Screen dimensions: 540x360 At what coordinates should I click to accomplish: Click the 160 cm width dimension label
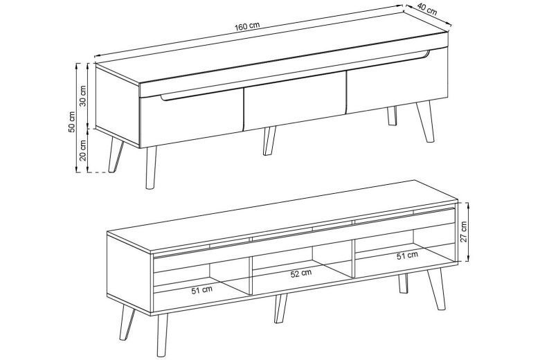(x=247, y=26)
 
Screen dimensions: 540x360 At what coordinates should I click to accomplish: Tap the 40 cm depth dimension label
(x=427, y=10)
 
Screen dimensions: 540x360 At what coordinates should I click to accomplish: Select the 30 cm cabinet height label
(x=82, y=96)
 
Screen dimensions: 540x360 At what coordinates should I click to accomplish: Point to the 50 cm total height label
(x=71, y=122)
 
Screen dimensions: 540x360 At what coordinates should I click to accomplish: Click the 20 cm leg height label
(x=82, y=150)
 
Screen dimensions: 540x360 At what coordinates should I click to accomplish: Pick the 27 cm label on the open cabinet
(x=464, y=231)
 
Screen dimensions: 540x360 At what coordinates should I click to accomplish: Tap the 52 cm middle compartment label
(x=301, y=273)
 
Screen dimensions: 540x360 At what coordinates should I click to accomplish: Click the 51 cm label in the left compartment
(x=202, y=289)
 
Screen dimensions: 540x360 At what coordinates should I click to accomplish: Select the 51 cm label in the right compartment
(x=407, y=255)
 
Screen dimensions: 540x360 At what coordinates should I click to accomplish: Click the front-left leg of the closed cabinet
(x=150, y=168)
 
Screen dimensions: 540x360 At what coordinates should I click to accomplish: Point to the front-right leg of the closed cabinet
(x=425, y=122)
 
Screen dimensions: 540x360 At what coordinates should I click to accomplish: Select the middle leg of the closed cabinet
(x=269, y=141)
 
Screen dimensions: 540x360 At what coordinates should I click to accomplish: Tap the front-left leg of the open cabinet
(x=161, y=335)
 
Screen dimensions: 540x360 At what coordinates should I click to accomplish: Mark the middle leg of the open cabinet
(x=280, y=308)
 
